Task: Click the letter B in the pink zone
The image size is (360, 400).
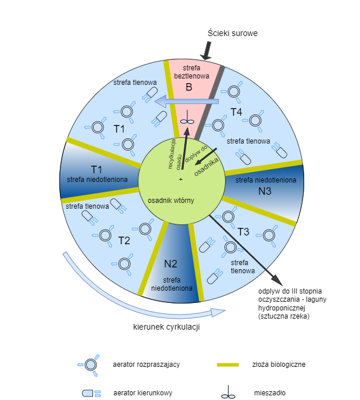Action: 188,88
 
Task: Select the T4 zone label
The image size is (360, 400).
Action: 236,111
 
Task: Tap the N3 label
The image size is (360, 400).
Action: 265,190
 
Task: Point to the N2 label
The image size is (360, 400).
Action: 170,263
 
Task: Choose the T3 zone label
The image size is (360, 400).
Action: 243,232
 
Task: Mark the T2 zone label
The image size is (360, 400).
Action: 124,240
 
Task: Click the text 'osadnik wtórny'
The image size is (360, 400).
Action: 171,201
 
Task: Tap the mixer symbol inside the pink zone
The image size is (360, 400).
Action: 186,121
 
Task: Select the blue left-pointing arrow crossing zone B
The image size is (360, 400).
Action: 186,102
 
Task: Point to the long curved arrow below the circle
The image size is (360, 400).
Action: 140,297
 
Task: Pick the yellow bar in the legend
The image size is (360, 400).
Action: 228,365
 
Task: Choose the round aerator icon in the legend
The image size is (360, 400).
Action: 90,365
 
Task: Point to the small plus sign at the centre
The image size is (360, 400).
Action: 180,178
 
